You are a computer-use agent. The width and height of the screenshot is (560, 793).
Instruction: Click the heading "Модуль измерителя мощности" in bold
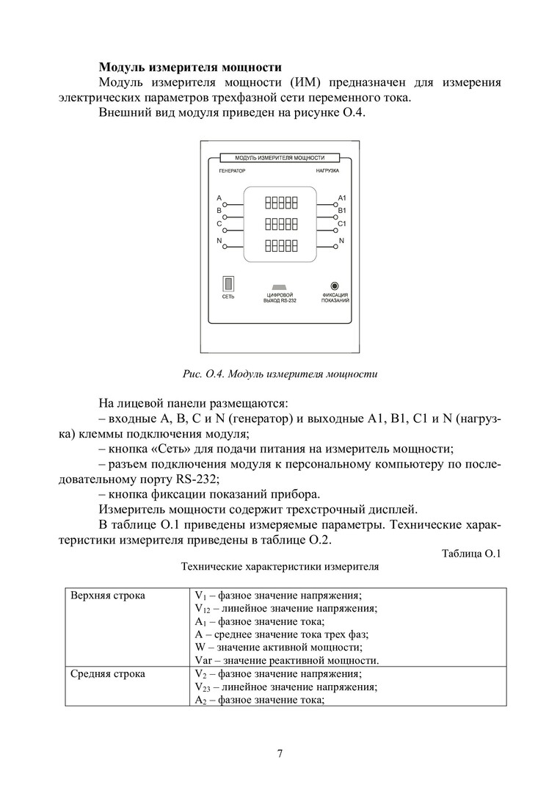coord(190,68)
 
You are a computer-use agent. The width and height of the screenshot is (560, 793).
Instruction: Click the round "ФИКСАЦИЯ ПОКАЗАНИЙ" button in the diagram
coord(335,286)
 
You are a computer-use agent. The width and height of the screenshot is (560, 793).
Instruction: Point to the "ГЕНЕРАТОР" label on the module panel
coord(231,170)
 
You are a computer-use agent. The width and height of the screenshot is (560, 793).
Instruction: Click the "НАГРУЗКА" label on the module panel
coord(327,170)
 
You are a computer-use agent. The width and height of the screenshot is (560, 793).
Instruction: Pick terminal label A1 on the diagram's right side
coord(342,199)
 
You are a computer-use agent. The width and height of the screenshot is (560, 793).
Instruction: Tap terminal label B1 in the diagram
coord(342,211)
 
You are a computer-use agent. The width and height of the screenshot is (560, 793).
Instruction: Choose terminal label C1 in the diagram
coord(342,223)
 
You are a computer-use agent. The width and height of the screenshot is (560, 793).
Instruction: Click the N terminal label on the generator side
coord(219,241)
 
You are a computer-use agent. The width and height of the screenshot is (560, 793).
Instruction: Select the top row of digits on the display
coord(281,201)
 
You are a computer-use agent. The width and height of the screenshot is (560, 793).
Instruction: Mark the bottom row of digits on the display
coord(281,245)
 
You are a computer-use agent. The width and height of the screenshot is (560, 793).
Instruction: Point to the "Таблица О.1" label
coord(471,554)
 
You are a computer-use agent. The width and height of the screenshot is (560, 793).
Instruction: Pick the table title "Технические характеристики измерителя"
coord(280,568)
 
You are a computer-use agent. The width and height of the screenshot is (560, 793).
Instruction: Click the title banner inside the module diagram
coord(280,158)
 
